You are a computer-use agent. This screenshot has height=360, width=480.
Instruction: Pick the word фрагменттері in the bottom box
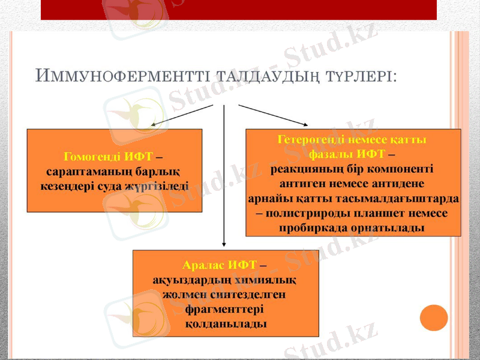pos(226,310)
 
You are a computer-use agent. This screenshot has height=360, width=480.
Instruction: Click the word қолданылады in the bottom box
pos(226,324)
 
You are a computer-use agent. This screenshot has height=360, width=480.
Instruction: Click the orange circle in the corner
pos(434,317)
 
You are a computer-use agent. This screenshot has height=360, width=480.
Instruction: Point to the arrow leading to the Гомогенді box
pos(180,116)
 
